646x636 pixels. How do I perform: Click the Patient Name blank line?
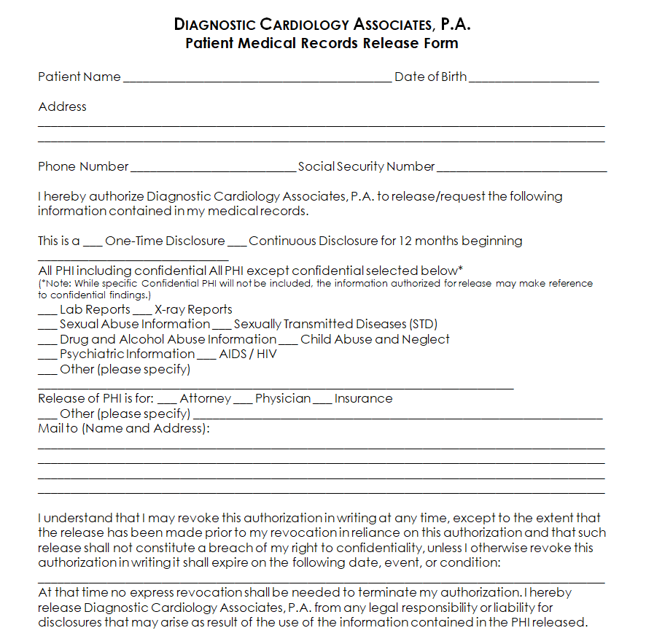coord(257,79)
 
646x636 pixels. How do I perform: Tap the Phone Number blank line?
coord(212,168)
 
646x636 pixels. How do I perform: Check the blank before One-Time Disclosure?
coord(93,243)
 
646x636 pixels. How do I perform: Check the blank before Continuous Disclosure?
coord(237,243)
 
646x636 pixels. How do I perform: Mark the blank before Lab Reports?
coord(47,311)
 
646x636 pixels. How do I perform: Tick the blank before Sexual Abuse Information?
coord(47,326)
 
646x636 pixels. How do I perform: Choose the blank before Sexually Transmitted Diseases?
coord(222,326)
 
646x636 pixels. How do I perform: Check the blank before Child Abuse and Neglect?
coord(289,341)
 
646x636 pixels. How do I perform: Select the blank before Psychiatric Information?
coord(47,356)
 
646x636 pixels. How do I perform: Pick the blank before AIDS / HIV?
coord(207,356)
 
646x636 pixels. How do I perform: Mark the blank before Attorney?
coord(167,400)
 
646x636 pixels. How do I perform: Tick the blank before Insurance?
coord(322,400)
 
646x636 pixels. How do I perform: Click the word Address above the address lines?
coord(62,106)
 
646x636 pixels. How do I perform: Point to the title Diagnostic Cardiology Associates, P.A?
coord(322,24)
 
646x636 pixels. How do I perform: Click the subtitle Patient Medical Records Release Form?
coord(322,42)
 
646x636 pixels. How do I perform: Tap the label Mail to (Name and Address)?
coord(124,428)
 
